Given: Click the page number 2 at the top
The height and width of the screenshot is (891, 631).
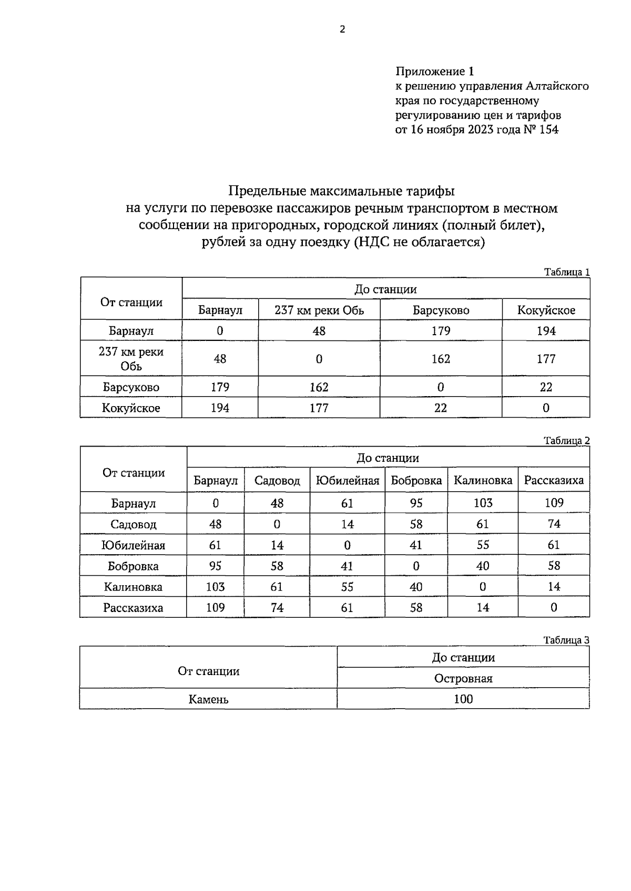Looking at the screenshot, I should coord(342,29).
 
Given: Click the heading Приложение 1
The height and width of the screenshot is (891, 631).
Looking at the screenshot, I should coord(434,71).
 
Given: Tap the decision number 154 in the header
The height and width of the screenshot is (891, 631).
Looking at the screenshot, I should coord(548,129).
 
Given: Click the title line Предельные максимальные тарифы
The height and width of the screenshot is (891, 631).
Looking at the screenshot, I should coord(341,191).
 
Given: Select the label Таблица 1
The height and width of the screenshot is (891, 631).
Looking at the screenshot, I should coord(566,272).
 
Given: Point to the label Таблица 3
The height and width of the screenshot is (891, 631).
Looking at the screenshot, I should coord(566,640).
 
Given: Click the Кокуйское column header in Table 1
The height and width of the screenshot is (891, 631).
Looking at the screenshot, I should coord(546,310).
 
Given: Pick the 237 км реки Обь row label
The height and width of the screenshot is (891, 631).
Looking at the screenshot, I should coord(131,359).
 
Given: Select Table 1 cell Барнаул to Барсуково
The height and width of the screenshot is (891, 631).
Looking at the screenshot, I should coord(440,331).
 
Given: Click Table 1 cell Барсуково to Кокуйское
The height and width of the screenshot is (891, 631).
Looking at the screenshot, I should coord(546,387).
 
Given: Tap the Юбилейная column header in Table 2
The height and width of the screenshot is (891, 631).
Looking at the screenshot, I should coord(347,481).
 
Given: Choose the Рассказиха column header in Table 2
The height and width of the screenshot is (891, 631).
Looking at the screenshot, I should coord(554,481).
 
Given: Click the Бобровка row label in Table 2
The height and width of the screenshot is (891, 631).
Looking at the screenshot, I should coord(133,566).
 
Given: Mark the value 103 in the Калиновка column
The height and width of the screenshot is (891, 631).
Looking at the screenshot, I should coord(483,503).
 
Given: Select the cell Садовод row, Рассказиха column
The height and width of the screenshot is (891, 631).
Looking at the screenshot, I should coord(554,524).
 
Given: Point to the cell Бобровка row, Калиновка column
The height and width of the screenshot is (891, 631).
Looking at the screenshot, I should coord(483,566).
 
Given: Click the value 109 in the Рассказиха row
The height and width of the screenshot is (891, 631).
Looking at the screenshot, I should coord(215,608).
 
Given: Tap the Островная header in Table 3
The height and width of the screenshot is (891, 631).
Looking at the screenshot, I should coord(463,679).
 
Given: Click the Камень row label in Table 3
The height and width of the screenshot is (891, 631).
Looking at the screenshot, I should coord(208,700).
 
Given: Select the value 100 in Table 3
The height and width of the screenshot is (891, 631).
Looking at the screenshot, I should coord(463,700).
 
